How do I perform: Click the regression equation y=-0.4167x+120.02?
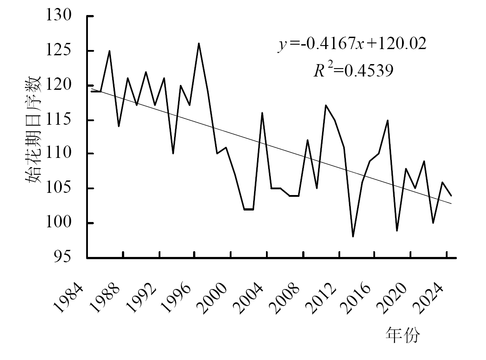tap(352, 44)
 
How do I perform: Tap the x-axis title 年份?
tap(402, 335)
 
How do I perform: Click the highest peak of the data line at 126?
tap(199, 43)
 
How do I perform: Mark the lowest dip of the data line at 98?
tap(353, 237)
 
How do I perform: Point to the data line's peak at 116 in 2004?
tap(262, 113)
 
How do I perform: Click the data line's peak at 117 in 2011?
tap(326, 105)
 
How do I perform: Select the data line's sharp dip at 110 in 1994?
tap(173, 153)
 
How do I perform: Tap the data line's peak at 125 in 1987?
tap(109, 51)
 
